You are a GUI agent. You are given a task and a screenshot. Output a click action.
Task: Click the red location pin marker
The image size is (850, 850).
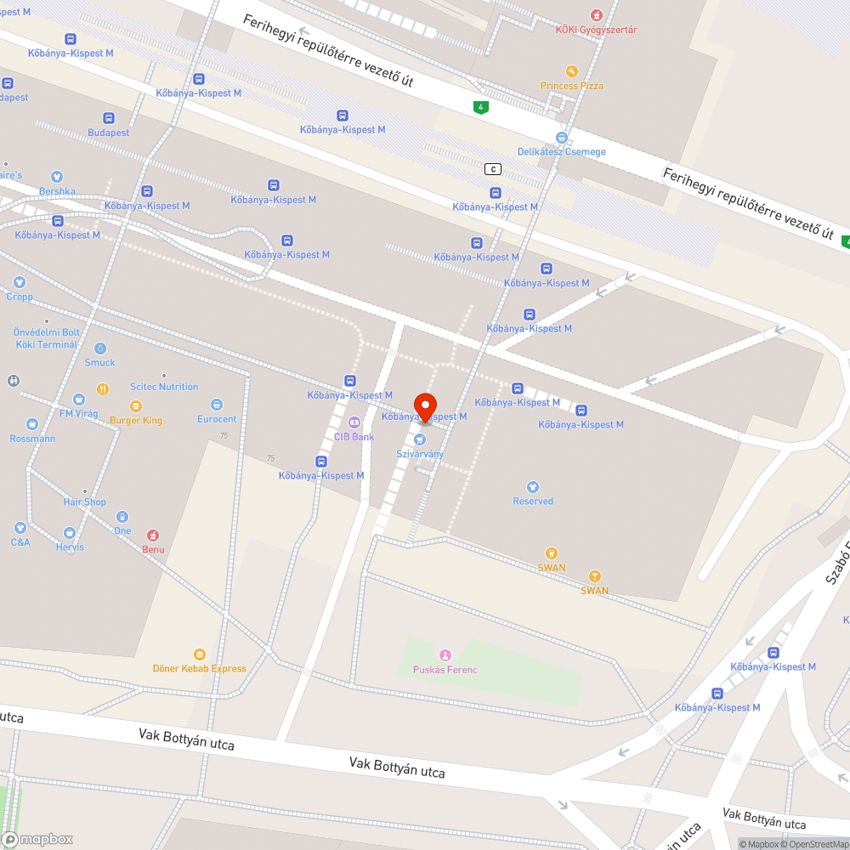pos(424,405)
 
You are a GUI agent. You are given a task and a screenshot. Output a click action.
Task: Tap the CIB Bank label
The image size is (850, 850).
pos(354,436)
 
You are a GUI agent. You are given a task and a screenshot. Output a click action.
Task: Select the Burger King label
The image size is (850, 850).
pos(136,420)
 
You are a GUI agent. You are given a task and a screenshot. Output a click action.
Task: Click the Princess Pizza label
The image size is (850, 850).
pos(572,85)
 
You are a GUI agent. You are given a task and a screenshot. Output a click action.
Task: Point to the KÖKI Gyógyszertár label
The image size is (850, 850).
pos(596,30)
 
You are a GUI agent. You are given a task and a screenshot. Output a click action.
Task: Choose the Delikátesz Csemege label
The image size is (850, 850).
pos(562,151)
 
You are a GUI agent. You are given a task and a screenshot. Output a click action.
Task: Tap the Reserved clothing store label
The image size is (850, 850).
pos(533,501)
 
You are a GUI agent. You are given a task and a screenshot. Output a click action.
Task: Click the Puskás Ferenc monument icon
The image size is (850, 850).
pos(445,654)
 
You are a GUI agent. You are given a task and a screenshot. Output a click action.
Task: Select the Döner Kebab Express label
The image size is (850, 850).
pos(200,668)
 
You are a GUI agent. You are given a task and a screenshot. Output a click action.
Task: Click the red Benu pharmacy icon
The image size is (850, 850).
pos(153,535)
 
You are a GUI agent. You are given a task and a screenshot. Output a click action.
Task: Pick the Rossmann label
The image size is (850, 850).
pos(32,438)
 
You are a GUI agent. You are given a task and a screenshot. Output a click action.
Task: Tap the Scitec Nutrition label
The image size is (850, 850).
pos(164,387)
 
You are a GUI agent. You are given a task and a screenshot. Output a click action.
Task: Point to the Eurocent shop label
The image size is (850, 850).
pos(217,418)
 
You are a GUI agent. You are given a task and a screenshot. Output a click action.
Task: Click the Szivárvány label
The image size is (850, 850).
pos(420,454)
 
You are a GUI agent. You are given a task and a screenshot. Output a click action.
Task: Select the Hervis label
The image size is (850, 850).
pos(70,547)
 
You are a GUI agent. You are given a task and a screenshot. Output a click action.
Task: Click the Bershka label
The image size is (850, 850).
pos(57,191)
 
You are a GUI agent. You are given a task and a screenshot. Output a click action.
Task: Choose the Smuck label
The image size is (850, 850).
pos(99,362)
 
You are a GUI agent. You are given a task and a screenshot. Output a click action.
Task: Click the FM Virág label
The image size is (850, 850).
pos(78,413)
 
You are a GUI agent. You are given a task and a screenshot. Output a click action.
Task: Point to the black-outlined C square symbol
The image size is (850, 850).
pos(493,169)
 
